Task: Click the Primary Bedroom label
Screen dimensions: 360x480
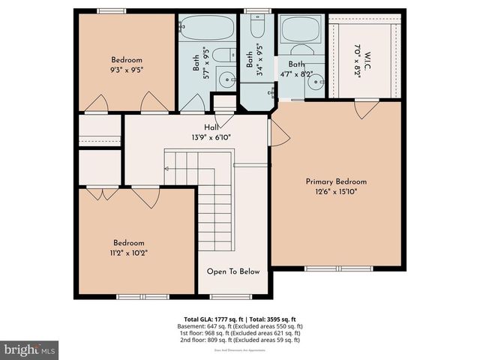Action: [336, 181]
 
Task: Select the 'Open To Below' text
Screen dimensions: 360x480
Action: [233, 271]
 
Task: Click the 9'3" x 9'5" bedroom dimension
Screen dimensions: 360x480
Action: [127, 69]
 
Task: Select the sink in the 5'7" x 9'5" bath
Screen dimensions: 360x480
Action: [225, 79]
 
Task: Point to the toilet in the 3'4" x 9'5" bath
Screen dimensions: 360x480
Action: [256, 28]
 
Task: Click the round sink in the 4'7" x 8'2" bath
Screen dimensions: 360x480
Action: [317, 81]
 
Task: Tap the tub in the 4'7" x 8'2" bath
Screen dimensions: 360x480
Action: [301, 31]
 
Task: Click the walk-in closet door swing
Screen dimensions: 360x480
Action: [367, 109]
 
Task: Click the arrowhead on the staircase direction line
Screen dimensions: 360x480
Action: [166, 169]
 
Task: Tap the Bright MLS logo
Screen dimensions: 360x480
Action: [29, 349]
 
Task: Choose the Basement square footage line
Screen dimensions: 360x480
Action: [239, 326]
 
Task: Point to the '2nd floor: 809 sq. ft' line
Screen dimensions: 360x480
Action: [239, 340]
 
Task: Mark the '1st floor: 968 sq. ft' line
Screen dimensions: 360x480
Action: [239, 333]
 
